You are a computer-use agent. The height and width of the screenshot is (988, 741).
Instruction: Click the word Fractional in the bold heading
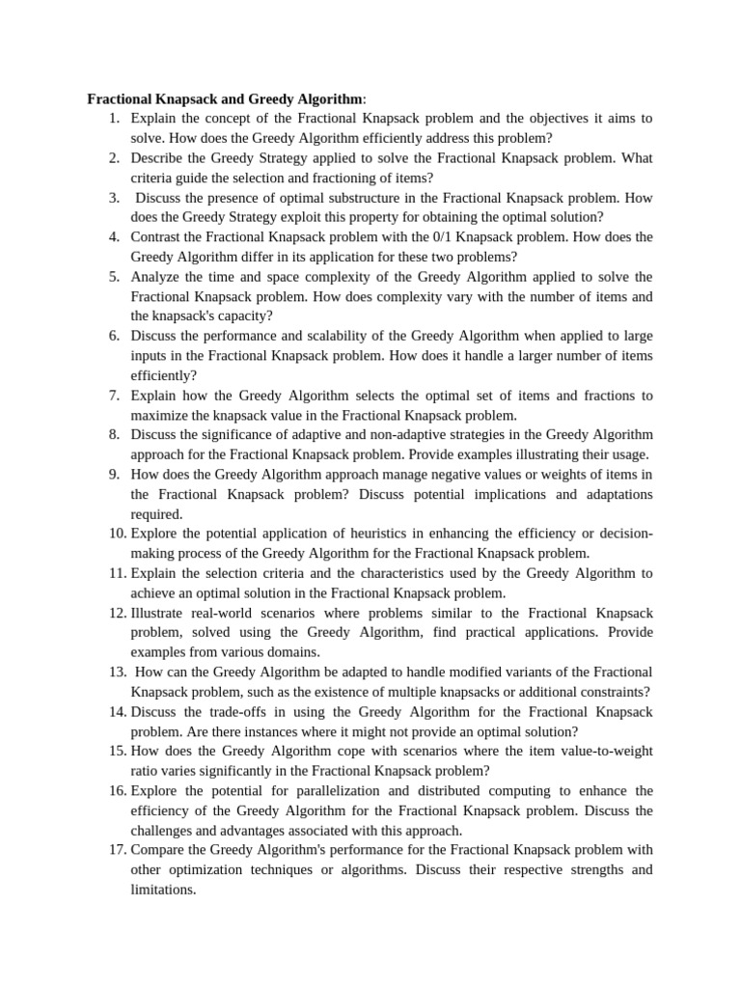[x=120, y=98]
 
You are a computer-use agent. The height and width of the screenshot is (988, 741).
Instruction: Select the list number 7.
[x=113, y=396]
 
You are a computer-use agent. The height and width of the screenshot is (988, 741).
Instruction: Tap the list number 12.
[x=117, y=613]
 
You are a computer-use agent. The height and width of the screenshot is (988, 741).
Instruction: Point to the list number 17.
[x=117, y=850]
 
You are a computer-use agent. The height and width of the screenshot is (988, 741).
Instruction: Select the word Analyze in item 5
[x=156, y=277]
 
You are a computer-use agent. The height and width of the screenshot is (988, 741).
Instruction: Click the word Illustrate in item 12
[x=157, y=613]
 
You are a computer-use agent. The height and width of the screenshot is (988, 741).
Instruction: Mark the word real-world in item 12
[x=224, y=613]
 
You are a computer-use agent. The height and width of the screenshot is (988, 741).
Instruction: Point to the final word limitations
[x=163, y=890]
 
